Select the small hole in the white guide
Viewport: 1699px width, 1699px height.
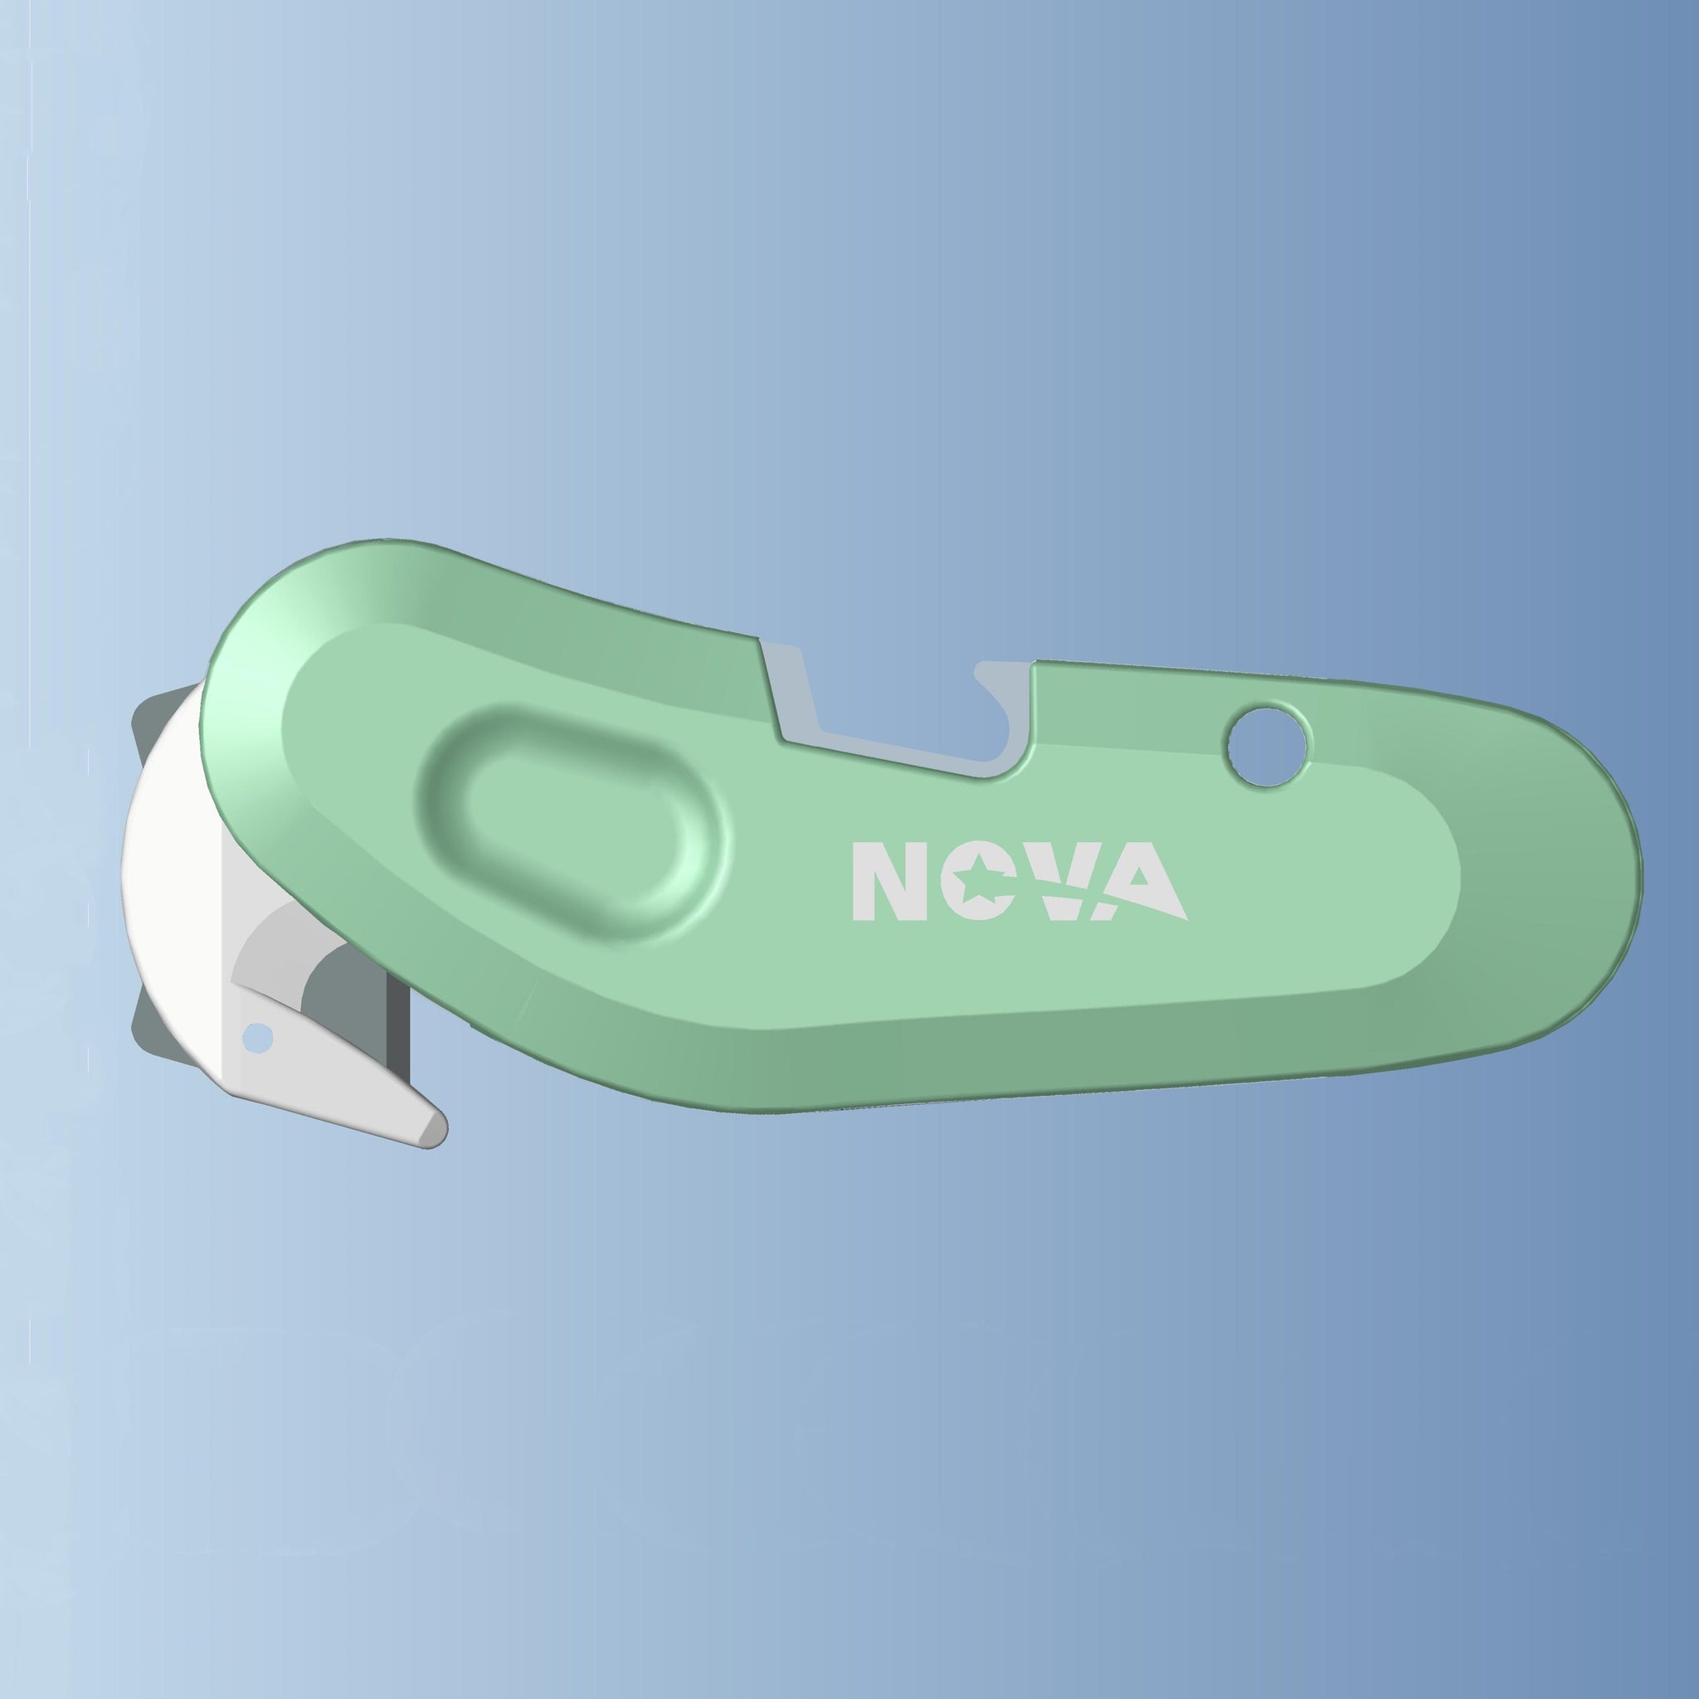(x=258, y=1039)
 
